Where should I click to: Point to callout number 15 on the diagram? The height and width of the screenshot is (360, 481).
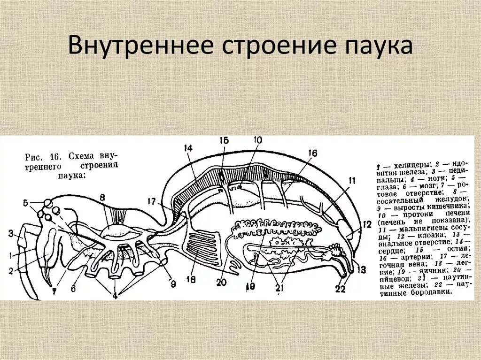(224, 140)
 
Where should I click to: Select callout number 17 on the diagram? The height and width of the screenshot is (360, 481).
(151, 201)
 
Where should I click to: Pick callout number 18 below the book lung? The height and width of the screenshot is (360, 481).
(190, 280)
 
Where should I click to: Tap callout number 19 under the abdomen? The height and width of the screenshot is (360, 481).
(250, 286)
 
